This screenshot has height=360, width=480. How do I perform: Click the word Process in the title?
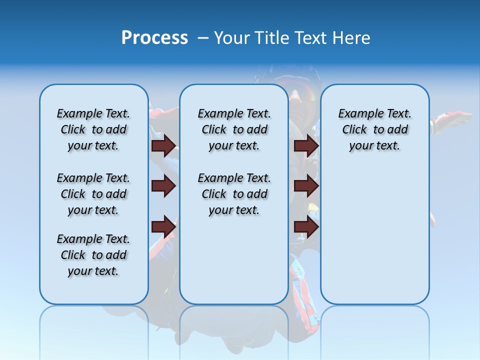154,38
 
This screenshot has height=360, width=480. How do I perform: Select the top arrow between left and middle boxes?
163,145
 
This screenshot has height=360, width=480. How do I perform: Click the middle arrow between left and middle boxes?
163,186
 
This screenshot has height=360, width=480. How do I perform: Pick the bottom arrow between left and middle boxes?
163,227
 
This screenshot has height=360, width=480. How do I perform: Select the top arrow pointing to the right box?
306,145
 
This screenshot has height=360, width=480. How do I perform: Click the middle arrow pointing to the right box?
306,186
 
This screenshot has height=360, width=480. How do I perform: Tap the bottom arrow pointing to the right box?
306,227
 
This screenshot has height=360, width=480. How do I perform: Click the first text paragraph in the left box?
93,129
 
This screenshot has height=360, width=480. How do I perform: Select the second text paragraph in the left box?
93,194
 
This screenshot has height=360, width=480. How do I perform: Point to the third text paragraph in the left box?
93,255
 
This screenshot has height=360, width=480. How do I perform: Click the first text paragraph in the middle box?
234,129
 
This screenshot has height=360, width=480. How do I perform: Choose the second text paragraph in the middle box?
234,194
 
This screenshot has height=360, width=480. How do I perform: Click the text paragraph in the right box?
374,129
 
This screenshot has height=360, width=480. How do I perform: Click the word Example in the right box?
358,113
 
